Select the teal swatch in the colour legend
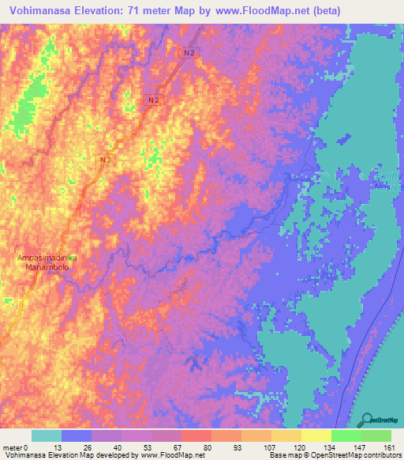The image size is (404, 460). pos(47,435)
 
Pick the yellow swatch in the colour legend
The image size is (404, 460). pos(316,435)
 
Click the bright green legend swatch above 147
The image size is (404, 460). pos(346,435)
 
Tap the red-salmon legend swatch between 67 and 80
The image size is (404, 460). pos(196,435)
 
